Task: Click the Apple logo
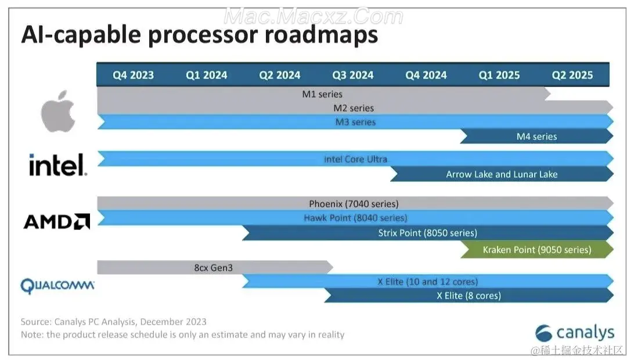click(58, 111)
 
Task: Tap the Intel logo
click(58, 165)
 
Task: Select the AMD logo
click(56, 221)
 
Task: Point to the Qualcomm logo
click(57, 286)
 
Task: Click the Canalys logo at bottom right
click(575, 333)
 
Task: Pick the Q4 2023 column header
click(134, 75)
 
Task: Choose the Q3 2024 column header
click(353, 75)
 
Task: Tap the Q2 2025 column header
click(572, 75)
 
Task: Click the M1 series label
click(322, 93)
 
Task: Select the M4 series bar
click(536, 136)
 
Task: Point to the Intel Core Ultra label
click(355, 159)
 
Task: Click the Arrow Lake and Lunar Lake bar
click(502, 174)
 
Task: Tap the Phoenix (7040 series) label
click(354, 203)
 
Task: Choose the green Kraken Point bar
click(536, 250)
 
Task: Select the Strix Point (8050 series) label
click(427, 233)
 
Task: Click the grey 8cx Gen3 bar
click(214, 268)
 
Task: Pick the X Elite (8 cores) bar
click(468, 296)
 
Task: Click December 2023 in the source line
click(173, 322)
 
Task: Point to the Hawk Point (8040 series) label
click(355, 218)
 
